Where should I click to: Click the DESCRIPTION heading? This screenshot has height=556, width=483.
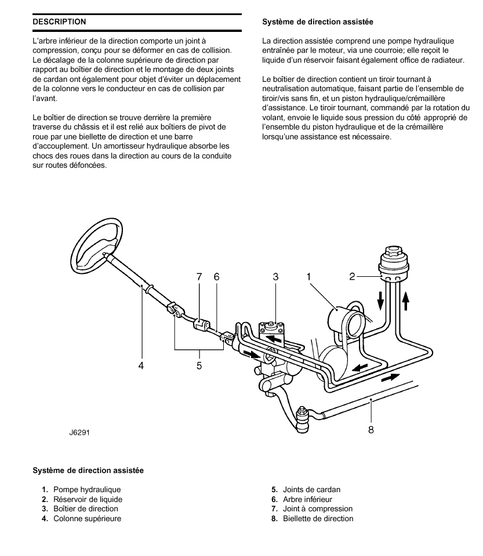coord(59,21)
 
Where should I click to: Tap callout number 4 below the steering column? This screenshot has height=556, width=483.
coord(141,366)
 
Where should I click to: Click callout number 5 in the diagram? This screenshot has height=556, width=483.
coord(199,366)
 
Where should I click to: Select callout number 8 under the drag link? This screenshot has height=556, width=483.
coord(371,429)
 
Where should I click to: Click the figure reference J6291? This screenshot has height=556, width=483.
coord(79,432)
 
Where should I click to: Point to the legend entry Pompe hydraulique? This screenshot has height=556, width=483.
coord(87,489)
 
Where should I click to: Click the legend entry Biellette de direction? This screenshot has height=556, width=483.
coord(318,518)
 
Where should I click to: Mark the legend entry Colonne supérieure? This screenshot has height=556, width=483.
coord(88,518)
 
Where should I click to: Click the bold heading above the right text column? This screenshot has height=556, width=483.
coord(318,21)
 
